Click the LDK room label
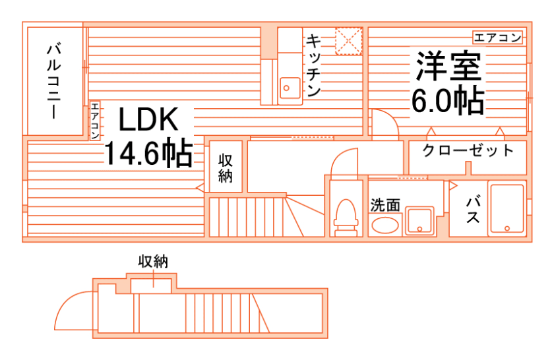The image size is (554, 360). (148, 120)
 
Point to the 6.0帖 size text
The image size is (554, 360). (448, 100)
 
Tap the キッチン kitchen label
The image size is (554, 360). (313, 65)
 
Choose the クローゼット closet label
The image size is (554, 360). (468, 150)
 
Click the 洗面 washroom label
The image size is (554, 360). (385, 205)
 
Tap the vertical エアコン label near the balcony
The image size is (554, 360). (95, 121)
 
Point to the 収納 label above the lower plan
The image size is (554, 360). (152, 261)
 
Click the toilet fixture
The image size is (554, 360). (345, 216)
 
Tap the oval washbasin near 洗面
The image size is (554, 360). (385, 225)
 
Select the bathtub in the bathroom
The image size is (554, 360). (507, 209)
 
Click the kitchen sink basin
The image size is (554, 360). (288, 86)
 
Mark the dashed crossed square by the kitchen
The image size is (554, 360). (348, 41)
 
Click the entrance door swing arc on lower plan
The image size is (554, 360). (73, 310)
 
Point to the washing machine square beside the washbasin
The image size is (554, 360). (419, 221)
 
